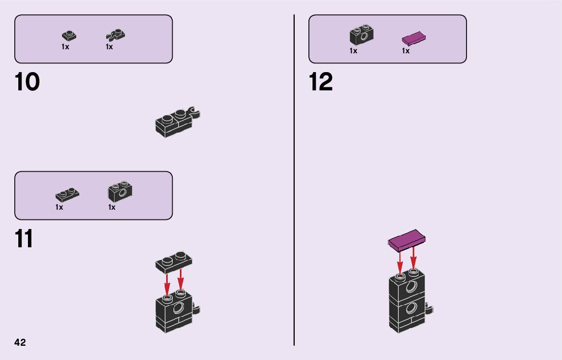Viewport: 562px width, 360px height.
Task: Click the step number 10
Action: click(27, 82)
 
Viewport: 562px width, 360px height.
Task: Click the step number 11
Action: click(24, 239)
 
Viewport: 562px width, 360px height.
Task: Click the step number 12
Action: click(321, 82)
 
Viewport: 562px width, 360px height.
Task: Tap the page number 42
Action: click(20, 342)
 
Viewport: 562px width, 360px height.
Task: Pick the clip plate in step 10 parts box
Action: click(116, 35)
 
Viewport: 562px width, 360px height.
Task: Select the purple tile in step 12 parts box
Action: click(414, 39)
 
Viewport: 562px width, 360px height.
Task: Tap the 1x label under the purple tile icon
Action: click(405, 51)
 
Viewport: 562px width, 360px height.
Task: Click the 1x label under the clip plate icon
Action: click(109, 47)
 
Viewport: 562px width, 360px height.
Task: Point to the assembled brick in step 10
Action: click(176, 122)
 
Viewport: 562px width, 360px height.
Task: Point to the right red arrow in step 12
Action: click(414, 257)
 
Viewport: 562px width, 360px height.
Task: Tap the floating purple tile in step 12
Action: click(407, 241)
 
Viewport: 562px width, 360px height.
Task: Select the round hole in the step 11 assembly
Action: click(179, 308)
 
